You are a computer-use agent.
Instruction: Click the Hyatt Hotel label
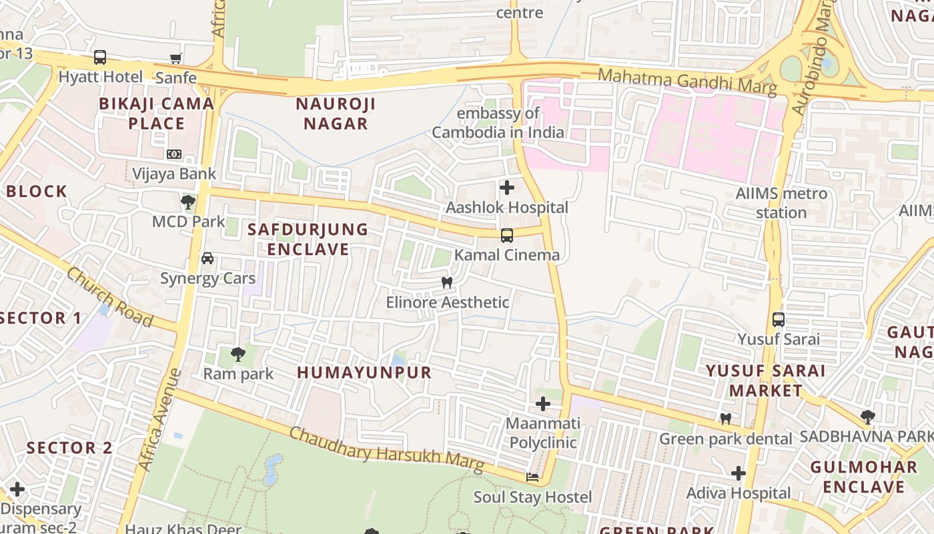click(x=101, y=77)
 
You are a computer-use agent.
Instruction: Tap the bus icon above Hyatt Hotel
click(x=100, y=57)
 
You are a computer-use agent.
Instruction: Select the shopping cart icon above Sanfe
click(x=176, y=58)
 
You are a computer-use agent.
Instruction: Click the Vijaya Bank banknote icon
click(x=174, y=154)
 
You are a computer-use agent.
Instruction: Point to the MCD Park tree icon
click(x=188, y=201)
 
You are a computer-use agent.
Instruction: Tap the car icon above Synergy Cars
click(x=207, y=258)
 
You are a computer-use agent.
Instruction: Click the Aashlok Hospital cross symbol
click(x=507, y=188)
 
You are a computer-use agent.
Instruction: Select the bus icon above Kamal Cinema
click(x=507, y=235)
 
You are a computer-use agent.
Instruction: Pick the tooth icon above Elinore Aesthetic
click(x=447, y=282)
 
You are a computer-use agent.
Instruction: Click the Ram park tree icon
click(x=238, y=354)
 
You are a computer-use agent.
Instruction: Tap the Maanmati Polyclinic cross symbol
click(x=543, y=404)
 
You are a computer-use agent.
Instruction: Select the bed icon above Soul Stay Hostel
click(x=532, y=477)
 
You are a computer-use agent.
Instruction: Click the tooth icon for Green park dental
click(x=726, y=419)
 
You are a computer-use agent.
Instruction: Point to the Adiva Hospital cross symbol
click(x=739, y=473)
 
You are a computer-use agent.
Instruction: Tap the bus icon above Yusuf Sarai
click(x=779, y=319)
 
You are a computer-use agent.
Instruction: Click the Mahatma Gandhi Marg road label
click(x=687, y=81)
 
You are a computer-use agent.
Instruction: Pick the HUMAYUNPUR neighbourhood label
click(x=364, y=372)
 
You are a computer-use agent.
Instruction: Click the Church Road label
click(x=110, y=297)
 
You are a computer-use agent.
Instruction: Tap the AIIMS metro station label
click(x=781, y=203)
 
